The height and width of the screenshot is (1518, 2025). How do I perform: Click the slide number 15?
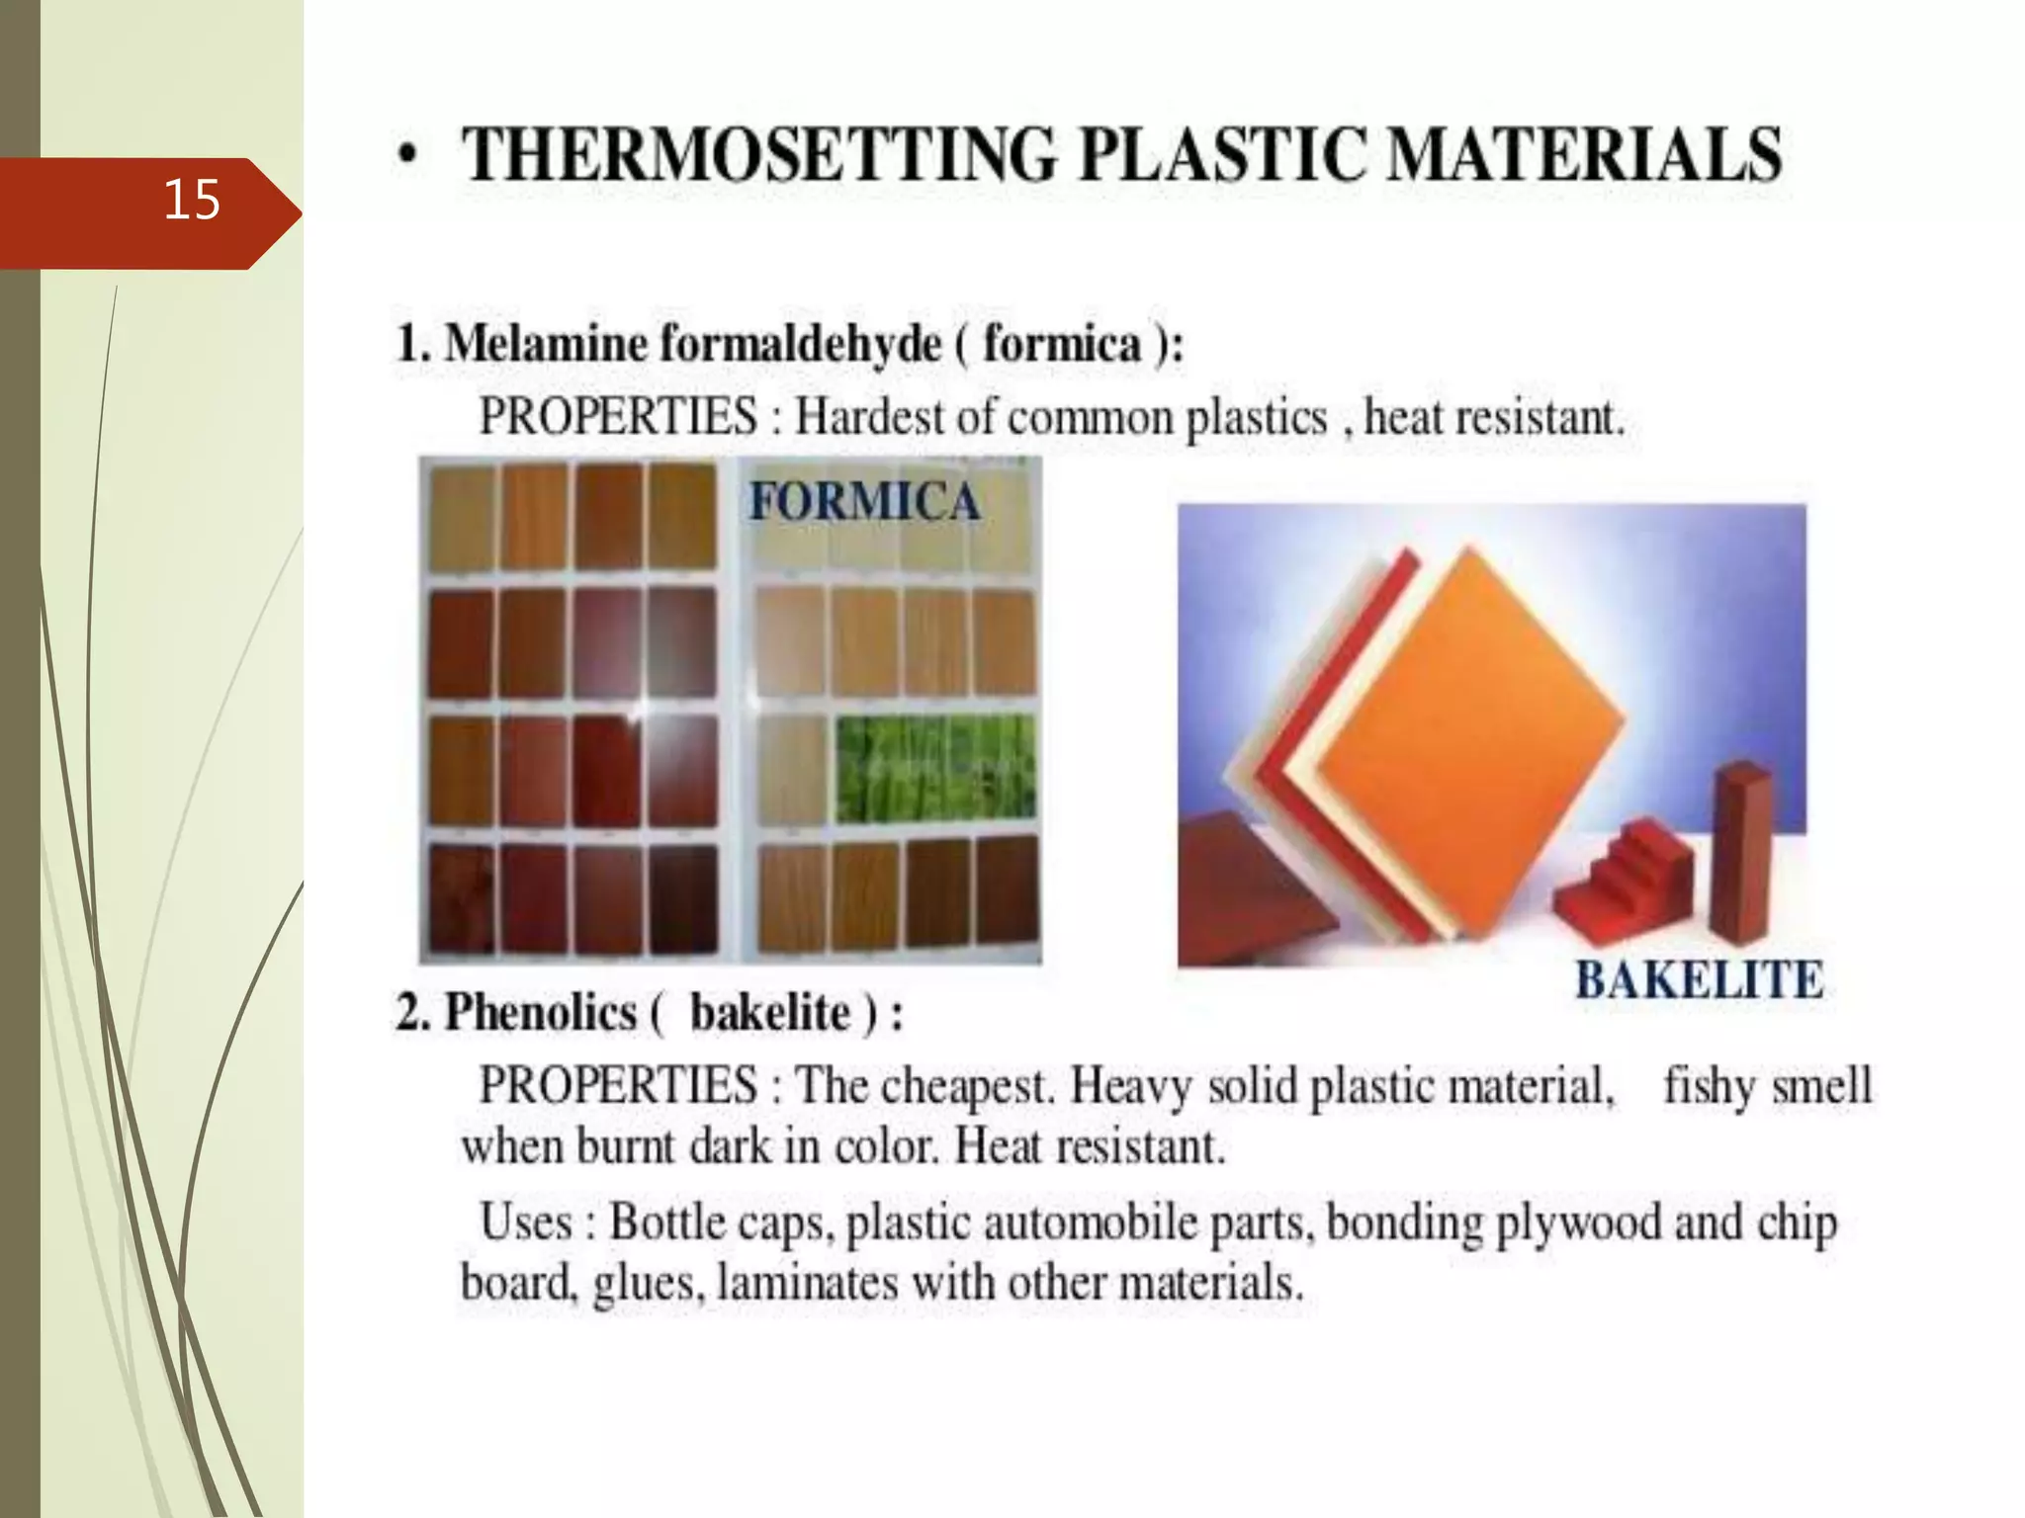(191, 201)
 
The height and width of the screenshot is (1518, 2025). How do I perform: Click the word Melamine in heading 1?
(545, 345)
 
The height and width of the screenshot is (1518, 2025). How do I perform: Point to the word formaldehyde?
(801, 345)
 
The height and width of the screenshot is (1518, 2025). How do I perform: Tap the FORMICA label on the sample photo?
(864, 500)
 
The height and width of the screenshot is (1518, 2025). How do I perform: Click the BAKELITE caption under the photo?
(1699, 980)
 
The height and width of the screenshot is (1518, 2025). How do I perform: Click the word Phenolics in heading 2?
(541, 1013)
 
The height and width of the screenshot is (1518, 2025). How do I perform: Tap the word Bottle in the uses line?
(667, 1223)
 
